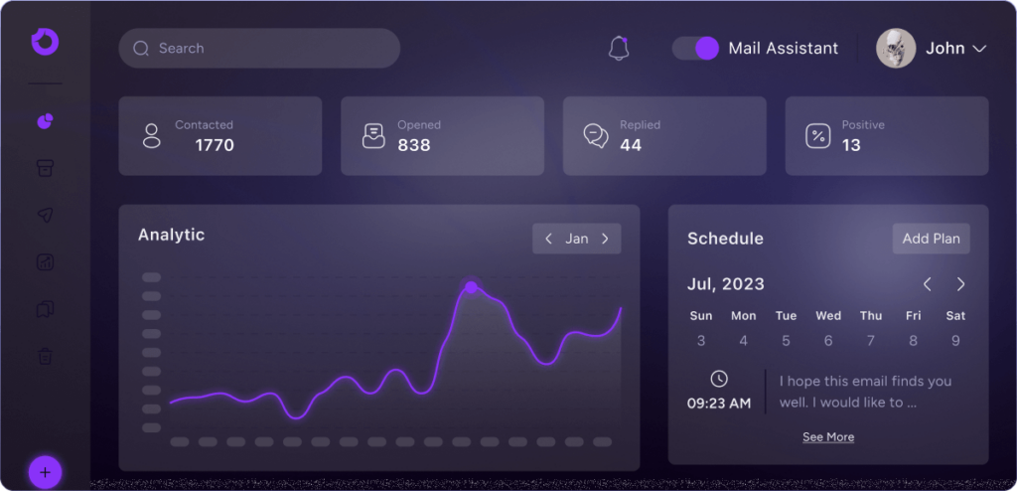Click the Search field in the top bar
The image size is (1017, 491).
click(258, 48)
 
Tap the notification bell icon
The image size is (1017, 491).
click(619, 48)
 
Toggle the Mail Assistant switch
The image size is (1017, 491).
click(695, 48)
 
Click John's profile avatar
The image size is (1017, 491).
click(896, 48)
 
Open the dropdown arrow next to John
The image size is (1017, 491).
click(978, 49)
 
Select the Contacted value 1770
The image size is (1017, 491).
click(215, 145)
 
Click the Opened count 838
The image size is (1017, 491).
click(414, 145)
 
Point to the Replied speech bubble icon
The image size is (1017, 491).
click(596, 136)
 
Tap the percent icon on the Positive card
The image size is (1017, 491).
click(817, 136)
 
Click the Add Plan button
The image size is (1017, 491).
click(931, 239)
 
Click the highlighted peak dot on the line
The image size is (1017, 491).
click(471, 287)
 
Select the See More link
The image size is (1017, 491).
click(828, 437)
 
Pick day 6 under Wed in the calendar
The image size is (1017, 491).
click(828, 341)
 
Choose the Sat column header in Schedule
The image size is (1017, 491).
click(955, 316)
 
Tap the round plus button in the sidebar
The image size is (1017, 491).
click(46, 471)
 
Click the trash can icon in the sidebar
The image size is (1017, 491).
click(46, 355)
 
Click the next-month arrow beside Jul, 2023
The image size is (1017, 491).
click(960, 284)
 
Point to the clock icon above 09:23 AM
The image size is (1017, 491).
click(719, 379)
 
